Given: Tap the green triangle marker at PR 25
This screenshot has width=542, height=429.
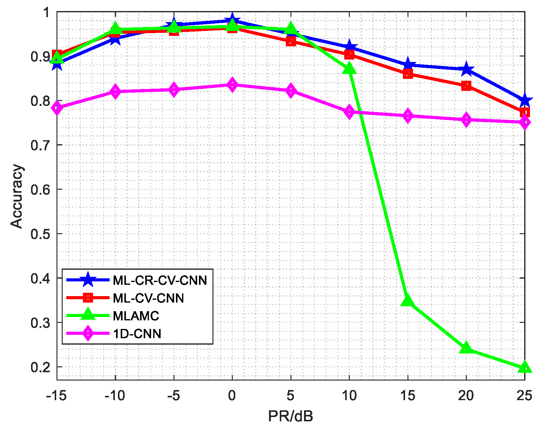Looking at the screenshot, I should pos(524,367).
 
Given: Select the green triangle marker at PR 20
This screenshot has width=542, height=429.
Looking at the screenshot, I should pos(466,348).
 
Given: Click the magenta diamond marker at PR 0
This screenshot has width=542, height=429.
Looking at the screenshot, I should pos(232,85).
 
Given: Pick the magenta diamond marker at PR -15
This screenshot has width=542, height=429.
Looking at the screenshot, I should pos(57,108).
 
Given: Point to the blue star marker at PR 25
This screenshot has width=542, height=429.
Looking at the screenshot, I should pos(524,100).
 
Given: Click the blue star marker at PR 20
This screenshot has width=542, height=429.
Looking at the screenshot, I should pos(466,69).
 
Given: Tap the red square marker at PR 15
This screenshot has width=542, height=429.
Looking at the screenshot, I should pos(408,74).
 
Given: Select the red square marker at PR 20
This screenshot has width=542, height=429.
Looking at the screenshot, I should pos(466,86).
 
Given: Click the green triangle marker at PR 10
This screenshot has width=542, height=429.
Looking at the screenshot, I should pos(349,69).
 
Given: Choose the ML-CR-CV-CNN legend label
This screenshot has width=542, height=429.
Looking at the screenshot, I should pos(160,280).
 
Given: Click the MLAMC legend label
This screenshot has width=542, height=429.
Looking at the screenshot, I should pos(136,316).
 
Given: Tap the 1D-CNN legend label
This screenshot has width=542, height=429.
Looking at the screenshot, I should pos(137,334).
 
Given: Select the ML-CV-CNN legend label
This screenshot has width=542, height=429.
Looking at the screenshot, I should pos(148,298).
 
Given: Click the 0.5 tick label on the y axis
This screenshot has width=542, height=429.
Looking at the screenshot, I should pos(40,234).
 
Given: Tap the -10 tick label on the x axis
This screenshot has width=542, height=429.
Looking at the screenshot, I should pos(115,396).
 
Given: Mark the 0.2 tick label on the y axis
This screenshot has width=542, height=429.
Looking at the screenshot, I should pos(40,367).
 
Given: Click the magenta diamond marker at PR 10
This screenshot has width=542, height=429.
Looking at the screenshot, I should pos(349,112).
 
